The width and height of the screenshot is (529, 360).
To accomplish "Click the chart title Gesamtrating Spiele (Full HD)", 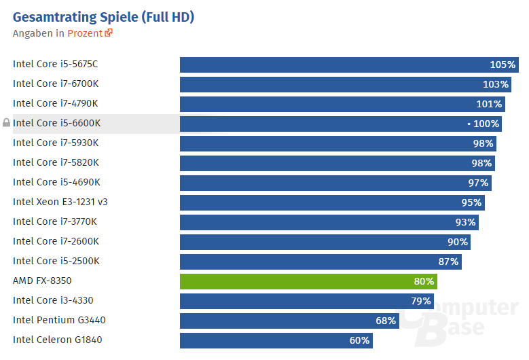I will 103,17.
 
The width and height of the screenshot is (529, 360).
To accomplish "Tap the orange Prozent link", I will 85,33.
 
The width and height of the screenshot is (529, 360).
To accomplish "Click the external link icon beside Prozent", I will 109,33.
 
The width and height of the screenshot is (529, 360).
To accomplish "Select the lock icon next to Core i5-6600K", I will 7,123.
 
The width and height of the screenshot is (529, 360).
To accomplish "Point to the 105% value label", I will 503,65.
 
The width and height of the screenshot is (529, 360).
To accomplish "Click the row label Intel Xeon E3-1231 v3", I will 60,202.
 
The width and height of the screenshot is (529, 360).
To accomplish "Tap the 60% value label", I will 359,340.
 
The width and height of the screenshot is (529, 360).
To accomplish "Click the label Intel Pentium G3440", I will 59,320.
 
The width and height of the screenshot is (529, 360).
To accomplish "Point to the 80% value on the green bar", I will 424,281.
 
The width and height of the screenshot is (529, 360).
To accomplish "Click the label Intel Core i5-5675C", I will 56,65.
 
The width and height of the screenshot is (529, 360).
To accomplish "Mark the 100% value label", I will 486,124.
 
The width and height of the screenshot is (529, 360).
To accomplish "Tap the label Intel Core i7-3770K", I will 55,221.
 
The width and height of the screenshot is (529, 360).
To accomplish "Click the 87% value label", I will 448,262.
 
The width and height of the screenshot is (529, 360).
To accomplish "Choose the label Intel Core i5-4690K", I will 56,182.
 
